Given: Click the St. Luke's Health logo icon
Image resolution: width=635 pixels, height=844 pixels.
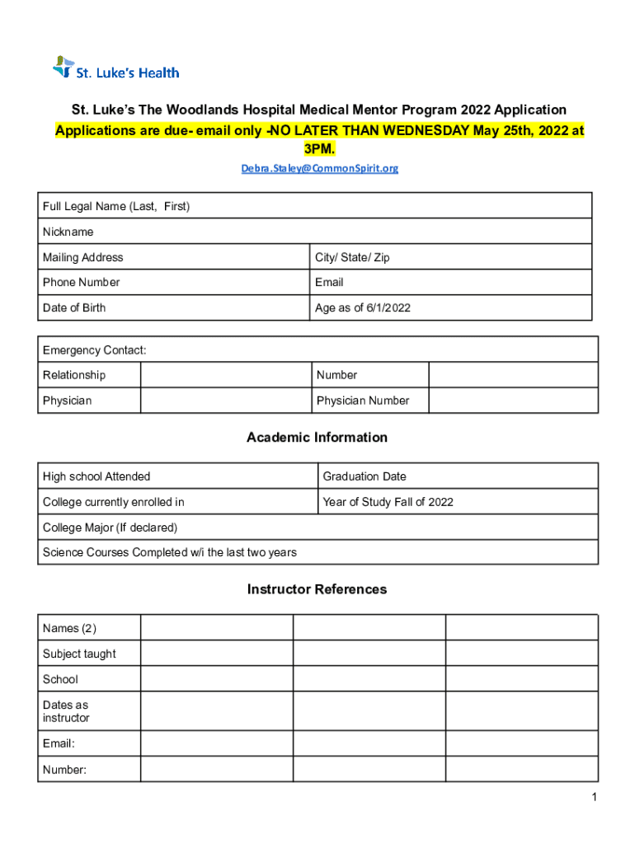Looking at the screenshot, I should pos(63,68).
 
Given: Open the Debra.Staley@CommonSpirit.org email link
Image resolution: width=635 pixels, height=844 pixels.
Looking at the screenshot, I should pos(319,168).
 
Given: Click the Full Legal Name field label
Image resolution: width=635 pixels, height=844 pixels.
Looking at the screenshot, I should pos(116,206).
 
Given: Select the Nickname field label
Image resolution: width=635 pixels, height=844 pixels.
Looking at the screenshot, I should pos(68,232).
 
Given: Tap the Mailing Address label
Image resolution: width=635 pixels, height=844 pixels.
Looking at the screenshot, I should pos(83,257).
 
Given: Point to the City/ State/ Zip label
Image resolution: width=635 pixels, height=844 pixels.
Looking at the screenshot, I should pos(352,257).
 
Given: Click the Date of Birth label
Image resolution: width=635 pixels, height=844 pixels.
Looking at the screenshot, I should pos(74,307).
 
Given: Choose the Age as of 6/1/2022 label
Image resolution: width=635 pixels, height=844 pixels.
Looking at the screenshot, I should pos(363,307).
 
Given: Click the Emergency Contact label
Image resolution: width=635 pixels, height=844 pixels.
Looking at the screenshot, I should pos(95,350).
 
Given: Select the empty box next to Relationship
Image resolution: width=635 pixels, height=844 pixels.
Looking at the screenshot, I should pos(225,375).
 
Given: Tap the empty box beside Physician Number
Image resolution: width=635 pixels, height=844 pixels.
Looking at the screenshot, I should pos(513,401).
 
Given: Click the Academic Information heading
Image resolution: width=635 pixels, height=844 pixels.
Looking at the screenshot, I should pos(317,438).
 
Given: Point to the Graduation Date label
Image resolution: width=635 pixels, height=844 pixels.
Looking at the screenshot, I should pos(365,476).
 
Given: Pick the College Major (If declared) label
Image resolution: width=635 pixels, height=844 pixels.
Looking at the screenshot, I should pos(110,527).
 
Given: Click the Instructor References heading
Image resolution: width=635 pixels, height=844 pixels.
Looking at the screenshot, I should pos(317,589).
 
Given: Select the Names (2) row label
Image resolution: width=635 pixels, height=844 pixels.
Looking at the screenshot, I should pos(69,629).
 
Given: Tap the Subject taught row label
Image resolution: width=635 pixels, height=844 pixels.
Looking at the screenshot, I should pos(79,654).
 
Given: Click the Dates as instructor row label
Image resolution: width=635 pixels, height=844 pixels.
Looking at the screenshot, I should pos(66,711).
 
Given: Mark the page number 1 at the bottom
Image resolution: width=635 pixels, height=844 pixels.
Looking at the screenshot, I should pos(593,797).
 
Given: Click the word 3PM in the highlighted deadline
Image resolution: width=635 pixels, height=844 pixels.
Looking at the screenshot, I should pos(319,148).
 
